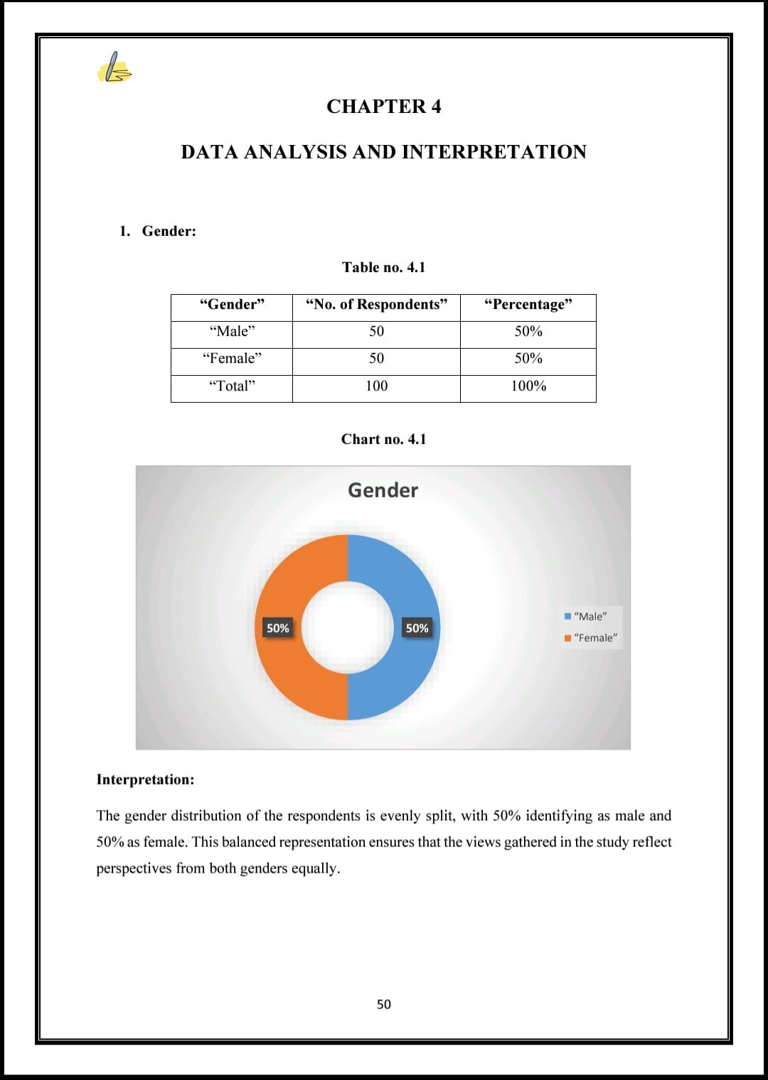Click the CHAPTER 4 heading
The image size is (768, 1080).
point(383,107)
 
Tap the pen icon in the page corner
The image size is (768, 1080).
point(114,68)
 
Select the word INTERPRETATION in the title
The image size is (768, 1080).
point(494,152)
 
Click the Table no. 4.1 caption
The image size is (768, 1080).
point(383,267)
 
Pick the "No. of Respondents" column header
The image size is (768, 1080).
point(376,305)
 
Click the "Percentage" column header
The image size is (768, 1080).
point(528,305)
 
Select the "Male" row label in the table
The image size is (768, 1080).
point(232,332)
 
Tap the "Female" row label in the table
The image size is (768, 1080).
point(232,359)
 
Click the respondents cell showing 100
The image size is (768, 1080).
point(376,387)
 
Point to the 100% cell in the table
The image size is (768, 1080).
point(528,387)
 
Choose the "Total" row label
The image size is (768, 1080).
point(232,387)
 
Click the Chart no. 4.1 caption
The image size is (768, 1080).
point(383,439)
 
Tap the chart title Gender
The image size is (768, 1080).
point(383,490)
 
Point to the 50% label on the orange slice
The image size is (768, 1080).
point(277,628)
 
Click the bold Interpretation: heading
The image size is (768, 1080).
point(145,779)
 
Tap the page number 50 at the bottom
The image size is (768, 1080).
point(383,1004)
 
